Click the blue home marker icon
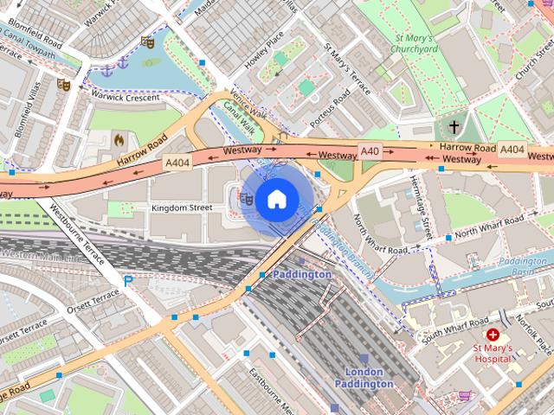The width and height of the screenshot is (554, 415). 275,200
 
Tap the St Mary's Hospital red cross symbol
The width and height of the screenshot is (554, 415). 493,335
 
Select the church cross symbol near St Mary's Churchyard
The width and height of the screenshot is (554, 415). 454,126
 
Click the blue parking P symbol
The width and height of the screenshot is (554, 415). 128,280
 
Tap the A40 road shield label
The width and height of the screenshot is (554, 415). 370,151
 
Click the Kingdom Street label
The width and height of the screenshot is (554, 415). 182,208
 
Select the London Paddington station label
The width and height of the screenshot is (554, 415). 364,378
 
